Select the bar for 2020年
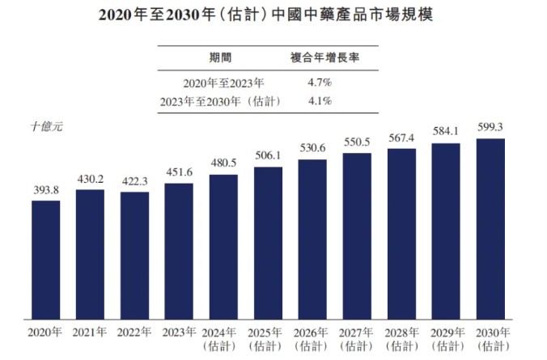46,259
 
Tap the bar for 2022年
135,255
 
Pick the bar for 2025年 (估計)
268,243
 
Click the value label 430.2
91,180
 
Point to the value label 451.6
179,173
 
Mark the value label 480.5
223,163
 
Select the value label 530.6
312,148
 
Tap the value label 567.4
401,137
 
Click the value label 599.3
490,128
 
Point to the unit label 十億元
46,127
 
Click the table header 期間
218,57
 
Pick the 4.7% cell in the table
320,83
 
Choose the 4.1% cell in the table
320,102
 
